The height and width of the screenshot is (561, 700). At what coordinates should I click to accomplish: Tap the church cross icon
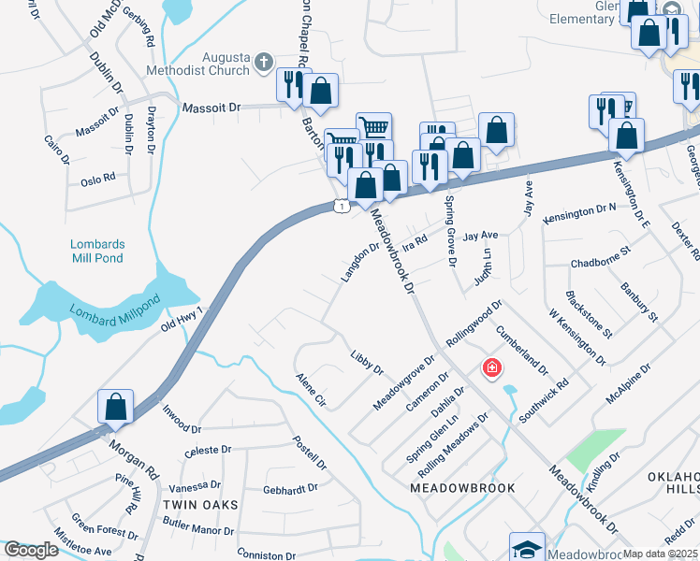(x=264, y=63)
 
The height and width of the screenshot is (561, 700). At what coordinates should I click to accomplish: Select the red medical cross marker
(x=491, y=368)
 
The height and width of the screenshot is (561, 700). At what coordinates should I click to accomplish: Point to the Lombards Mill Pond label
(x=97, y=251)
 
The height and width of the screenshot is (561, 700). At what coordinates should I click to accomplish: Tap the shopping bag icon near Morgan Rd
(x=115, y=407)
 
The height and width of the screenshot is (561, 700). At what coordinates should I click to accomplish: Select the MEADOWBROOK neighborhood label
(x=451, y=488)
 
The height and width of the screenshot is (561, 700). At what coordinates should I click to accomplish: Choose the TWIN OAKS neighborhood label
(x=199, y=504)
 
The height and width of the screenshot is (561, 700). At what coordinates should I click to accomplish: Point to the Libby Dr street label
(x=367, y=363)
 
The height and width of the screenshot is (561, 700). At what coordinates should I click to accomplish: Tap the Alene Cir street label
(x=310, y=390)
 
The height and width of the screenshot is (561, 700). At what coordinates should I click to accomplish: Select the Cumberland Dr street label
(x=521, y=350)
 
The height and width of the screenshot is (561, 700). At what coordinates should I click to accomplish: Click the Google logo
(x=31, y=550)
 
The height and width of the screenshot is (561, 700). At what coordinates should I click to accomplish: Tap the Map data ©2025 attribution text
(x=660, y=554)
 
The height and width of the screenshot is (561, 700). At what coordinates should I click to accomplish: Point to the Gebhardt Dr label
(x=291, y=488)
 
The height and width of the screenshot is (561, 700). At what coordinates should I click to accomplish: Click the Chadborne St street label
(x=602, y=251)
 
